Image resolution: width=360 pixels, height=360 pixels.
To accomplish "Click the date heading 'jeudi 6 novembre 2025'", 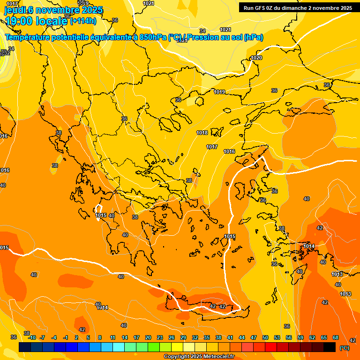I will click(x=53, y=10).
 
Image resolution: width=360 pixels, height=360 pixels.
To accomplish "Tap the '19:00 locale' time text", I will click(x=36, y=21).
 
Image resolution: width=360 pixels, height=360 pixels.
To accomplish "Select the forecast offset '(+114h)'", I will click(x=83, y=21).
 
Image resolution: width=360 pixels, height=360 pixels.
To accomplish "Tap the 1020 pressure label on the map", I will click(x=256, y=58).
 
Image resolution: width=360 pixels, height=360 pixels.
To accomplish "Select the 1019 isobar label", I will click(x=219, y=92).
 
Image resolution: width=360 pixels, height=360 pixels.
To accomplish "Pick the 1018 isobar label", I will click(x=202, y=133).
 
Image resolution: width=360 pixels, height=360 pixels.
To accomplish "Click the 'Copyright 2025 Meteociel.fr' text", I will click(x=199, y=357).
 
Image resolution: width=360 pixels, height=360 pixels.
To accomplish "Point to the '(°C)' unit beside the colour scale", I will click(x=344, y=348).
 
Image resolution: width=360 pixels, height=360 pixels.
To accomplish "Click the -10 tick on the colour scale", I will click(x=32, y=337).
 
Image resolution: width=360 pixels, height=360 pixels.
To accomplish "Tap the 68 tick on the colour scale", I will click(x=336, y=337).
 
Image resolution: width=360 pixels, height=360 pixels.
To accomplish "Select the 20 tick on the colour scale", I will click(x=148, y=337).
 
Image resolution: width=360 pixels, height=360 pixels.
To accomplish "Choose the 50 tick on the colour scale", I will click(x=265, y=337).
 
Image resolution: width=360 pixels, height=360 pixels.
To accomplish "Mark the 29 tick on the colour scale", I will click(x=183, y=337).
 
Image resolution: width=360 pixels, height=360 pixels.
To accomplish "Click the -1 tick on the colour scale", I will click(x=66, y=337).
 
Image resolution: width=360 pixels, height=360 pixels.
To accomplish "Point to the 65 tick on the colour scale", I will click(x=324, y=337).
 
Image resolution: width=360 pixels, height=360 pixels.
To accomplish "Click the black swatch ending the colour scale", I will click(x=330, y=347).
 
